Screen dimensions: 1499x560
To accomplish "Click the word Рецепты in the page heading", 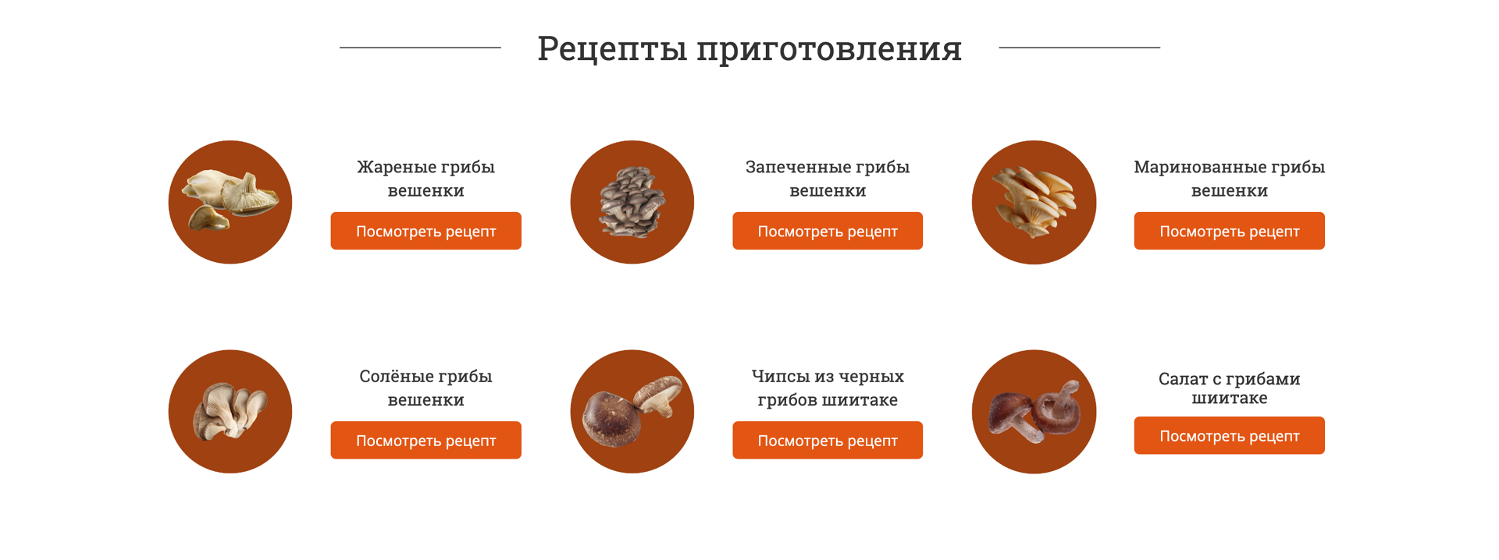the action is click(x=612, y=48).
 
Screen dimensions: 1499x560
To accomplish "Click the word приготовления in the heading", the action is click(x=829, y=50).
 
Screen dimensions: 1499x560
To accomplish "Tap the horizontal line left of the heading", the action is click(x=420, y=48).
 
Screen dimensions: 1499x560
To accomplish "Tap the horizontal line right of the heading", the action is click(x=1080, y=48).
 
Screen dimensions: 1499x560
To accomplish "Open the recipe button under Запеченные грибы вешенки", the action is click(x=828, y=231).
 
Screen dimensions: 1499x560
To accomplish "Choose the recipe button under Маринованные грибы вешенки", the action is click(x=1230, y=231).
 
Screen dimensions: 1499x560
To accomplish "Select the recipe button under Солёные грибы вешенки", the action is click(x=426, y=440).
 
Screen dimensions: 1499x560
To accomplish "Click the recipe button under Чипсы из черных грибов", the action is click(x=828, y=440).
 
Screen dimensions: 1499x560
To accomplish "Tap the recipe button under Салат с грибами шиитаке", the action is click(x=1230, y=435).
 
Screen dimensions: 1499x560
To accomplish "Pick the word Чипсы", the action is click(x=781, y=377).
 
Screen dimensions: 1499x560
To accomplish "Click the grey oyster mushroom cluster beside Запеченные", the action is click(x=632, y=202).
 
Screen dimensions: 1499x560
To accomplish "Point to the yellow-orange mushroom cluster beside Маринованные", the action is click(x=1034, y=202).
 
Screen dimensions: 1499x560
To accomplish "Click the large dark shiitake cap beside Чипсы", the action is click(x=612, y=419).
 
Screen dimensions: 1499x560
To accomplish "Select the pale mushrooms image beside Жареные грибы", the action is click(x=230, y=200).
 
